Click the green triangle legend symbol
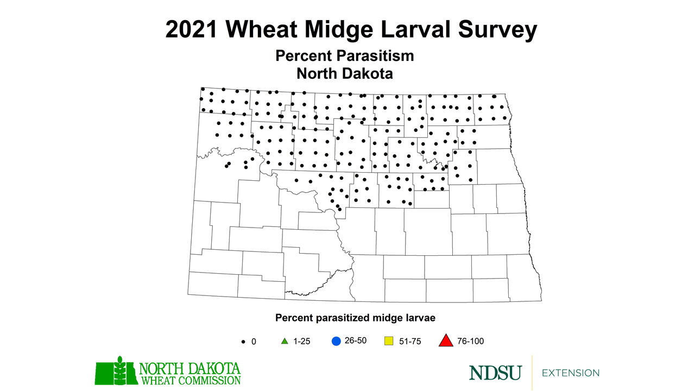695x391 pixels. [x=283, y=342]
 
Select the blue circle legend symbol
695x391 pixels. [x=336, y=341]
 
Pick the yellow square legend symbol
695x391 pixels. [x=389, y=342]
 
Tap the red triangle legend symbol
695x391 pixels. [x=445, y=341]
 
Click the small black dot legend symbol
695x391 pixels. [x=242, y=342]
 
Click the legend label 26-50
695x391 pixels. [x=356, y=341]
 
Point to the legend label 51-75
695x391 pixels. [x=409, y=342]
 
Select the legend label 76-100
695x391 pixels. [x=470, y=342]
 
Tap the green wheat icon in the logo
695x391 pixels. [x=117, y=371]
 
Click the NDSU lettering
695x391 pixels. [x=495, y=373]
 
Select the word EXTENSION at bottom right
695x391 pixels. [x=571, y=373]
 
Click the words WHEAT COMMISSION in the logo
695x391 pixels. [x=191, y=380]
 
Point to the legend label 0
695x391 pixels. [x=253, y=342]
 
